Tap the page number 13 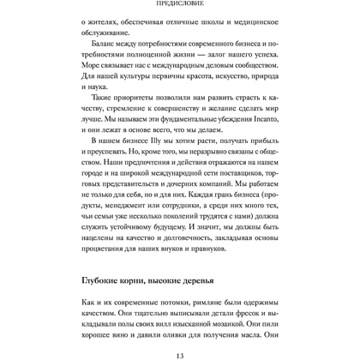click(181, 351)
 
